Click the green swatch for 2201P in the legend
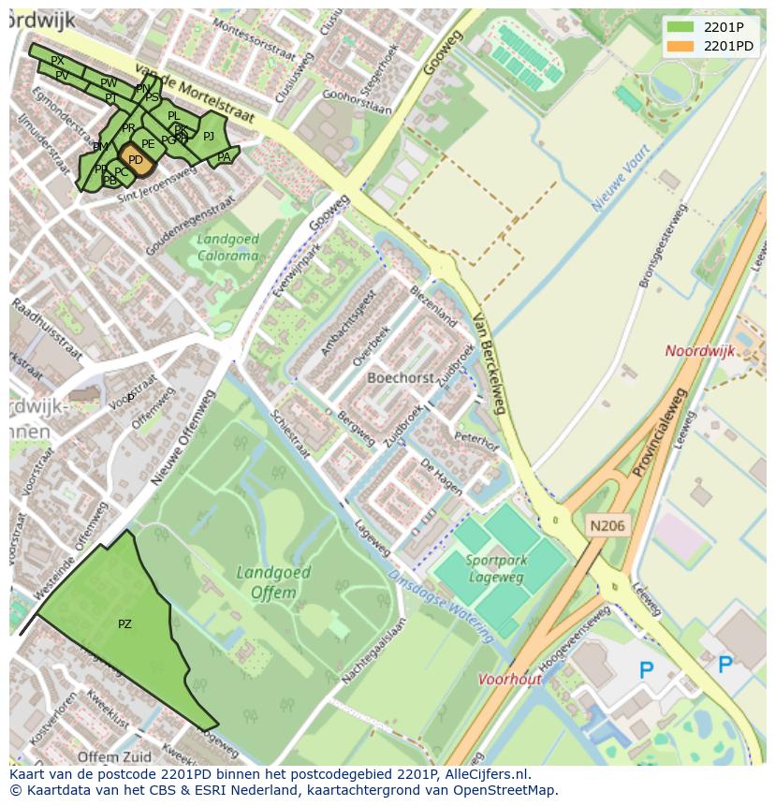click(680, 28)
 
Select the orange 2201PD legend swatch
click(680, 46)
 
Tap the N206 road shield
click(607, 526)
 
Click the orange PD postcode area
click(136, 160)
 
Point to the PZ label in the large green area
click(124, 624)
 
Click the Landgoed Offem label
click(266, 582)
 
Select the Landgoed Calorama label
click(227, 247)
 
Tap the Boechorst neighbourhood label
click(400, 379)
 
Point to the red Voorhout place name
click(510, 680)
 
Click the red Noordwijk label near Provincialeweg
click(699, 351)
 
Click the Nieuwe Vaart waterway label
click(621, 177)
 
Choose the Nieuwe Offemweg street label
click(183, 437)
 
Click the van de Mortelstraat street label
click(195, 94)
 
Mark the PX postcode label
click(57, 61)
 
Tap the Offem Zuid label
click(115, 756)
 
